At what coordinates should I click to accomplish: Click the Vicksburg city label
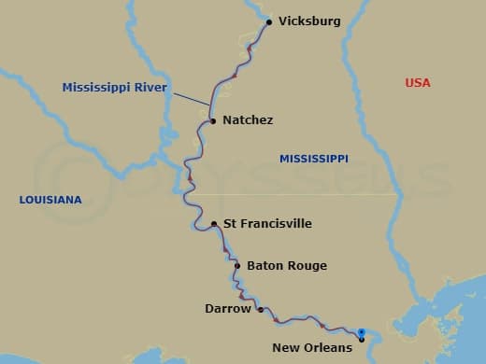[x=309, y=21]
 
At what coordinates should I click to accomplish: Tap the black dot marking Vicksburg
[x=269, y=21]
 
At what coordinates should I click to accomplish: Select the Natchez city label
[x=248, y=120]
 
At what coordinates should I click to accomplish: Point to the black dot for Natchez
[x=213, y=120]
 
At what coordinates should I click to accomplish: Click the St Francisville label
[x=267, y=224]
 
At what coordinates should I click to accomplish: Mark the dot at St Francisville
[x=215, y=224]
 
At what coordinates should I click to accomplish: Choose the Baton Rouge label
[x=286, y=266]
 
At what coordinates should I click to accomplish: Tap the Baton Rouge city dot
[x=238, y=266]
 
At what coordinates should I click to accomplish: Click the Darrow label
[x=228, y=308]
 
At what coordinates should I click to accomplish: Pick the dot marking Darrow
[x=260, y=309]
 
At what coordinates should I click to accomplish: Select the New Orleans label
[x=312, y=348]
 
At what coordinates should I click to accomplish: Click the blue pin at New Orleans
[x=361, y=332]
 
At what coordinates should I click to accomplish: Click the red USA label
[x=418, y=83]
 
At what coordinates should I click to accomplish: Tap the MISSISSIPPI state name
[x=313, y=160]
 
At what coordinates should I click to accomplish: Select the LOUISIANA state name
[x=50, y=200]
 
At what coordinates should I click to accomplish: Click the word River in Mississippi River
[x=149, y=88]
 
